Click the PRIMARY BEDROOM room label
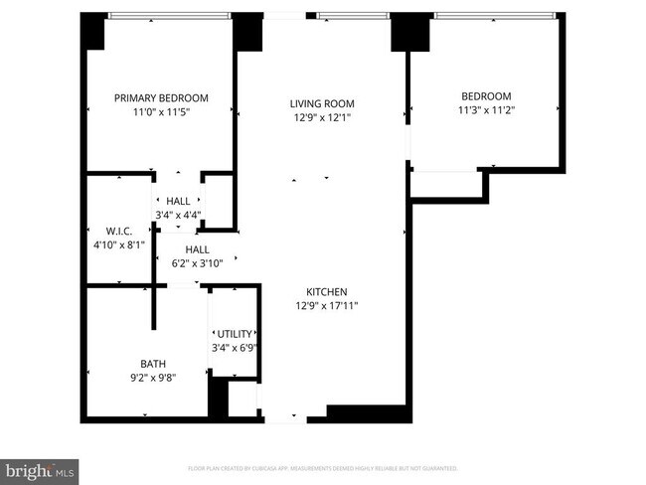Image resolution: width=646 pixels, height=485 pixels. pyautogui.click(x=161, y=97)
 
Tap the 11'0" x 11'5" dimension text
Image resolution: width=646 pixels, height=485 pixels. pyautogui.click(x=161, y=113)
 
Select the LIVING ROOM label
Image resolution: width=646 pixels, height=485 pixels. pyautogui.click(x=322, y=103)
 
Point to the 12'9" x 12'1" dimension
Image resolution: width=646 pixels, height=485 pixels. pyautogui.click(x=322, y=118)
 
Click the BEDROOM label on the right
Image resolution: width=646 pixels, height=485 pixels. pyautogui.click(x=484, y=95)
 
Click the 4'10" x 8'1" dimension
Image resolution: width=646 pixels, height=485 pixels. pyautogui.click(x=118, y=243)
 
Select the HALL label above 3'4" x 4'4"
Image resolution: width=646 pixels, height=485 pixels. pyautogui.click(x=178, y=201)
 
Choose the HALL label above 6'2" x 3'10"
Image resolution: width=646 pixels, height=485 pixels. pyautogui.click(x=197, y=249)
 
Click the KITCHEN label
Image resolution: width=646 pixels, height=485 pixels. pyautogui.click(x=326, y=291)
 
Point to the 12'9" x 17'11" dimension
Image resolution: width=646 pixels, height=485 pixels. pyautogui.click(x=326, y=306)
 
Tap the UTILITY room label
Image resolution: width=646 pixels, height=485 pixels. pyautogui.click(x=235, y=334)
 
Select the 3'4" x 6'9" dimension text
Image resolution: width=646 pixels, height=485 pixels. pyautogui.click(x=235, y=349)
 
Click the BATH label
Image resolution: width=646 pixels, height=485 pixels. pyautogui.click(x=152, y=364)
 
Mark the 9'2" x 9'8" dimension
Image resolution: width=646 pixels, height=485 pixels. pyautogui.click(x=152, y=379)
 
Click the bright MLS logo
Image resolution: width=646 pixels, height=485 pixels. pyautogui.click(x=40, y=468)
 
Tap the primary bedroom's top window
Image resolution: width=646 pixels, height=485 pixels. pyautogui.click(x=169, y=16)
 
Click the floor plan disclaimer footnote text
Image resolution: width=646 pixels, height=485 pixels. pyautogui.click(x=323, y=467)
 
